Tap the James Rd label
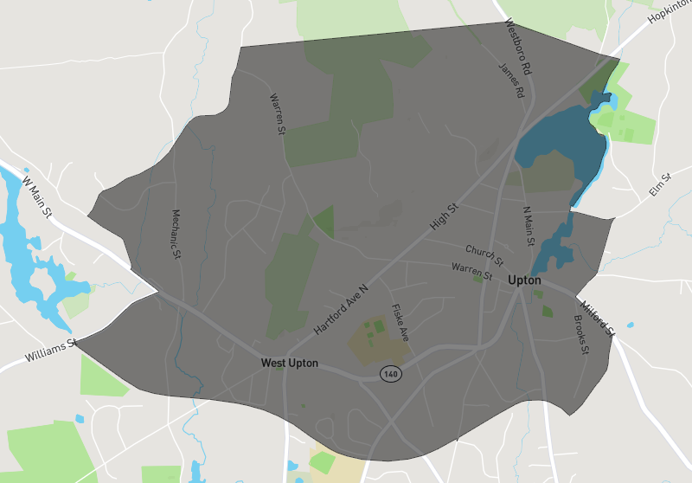(511, 80)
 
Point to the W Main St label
(38, 199)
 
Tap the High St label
(443, 217)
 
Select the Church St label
(484, 255)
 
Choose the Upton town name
(524, 280)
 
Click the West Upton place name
(290, 364)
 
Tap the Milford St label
(598, 318)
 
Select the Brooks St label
(580, 334)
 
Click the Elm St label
(661, 185)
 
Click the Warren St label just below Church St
(471, 271)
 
